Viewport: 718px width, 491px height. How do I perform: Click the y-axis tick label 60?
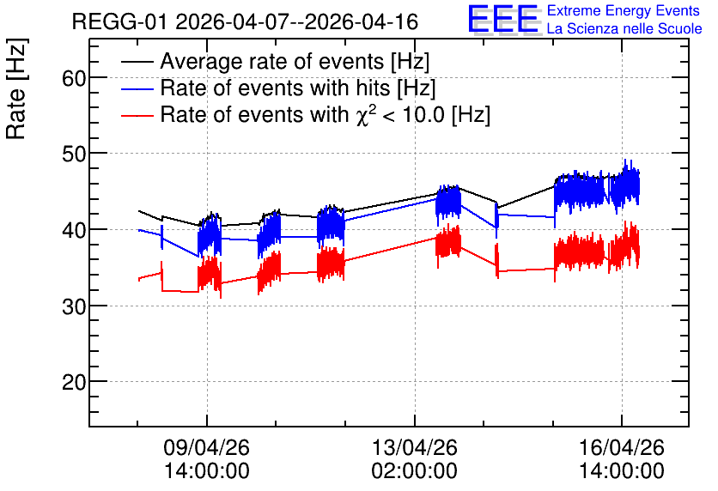[x=74, y=79]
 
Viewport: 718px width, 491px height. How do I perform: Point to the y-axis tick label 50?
[x=74, y=155]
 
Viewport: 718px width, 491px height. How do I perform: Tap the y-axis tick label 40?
[x=74, y=231]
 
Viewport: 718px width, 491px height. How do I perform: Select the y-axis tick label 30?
[x=74, y=306]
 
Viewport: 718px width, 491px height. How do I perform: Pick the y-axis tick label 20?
[x=74, y=383]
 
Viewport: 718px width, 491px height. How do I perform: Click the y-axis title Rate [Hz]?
[x=17, y=88]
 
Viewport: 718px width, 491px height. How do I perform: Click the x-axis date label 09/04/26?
[x=206, y=447]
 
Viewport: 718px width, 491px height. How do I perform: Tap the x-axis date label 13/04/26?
[x=415, y=447]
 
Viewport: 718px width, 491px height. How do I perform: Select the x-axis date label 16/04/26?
[x=622, y=447]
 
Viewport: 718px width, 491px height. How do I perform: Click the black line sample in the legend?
[x=137, y=61]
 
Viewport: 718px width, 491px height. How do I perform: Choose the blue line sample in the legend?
[x=137, y=88]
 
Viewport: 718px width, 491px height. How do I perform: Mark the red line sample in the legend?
[x=137, y=115]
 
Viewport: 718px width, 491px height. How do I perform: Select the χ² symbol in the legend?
[x=362, y=115]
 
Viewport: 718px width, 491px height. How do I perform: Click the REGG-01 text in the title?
[x=120, y=21]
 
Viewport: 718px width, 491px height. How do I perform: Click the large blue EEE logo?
[x=503, y=19]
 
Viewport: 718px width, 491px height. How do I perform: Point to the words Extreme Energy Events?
[x=624, y=10]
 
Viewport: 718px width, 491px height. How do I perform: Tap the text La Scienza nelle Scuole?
[x=624, y=28]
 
